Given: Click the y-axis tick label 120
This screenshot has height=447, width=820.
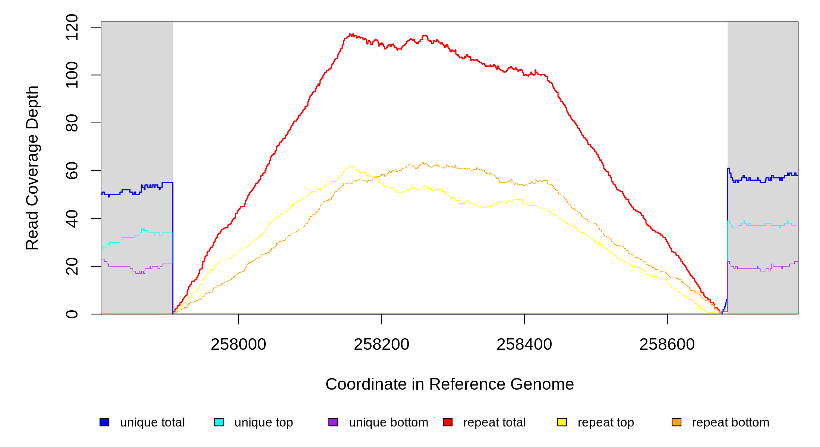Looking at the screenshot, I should click(x=72, y=27).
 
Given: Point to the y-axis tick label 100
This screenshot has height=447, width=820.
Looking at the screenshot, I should click(x=72, y=75).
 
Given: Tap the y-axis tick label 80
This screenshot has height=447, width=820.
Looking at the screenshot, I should click(x=72, y=123).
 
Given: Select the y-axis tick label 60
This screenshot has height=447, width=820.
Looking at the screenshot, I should click(x=72, y=171).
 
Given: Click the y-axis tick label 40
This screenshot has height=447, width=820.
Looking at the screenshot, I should click(x=72, y=219).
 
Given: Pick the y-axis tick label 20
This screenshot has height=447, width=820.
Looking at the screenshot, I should click(x=72, y=266).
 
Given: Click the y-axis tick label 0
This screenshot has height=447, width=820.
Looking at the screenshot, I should click(x=72, y=314).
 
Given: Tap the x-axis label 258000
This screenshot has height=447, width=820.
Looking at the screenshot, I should click(x=239, y=345).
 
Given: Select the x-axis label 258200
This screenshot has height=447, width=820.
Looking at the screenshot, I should click(x=381, y=345).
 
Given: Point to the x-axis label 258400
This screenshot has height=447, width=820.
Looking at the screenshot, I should click(x=524, y=345).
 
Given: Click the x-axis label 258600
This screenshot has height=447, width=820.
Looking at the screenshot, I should click(x=667, y=345).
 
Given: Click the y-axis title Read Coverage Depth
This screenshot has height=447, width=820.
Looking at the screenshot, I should click(x=32, y=168).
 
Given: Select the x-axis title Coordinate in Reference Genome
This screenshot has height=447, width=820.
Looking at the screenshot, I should click(x=450, y=384).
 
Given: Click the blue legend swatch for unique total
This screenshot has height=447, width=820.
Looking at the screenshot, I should click(x=104, y=422).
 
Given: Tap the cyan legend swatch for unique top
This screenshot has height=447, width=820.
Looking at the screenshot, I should click(x=219, y=422).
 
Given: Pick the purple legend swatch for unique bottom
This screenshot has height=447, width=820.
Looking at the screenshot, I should click(x=333, y=422).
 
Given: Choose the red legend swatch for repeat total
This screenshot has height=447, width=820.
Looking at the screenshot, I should click(x=448, y=422).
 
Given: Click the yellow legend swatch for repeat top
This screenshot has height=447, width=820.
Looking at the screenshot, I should click(x=562, y=422).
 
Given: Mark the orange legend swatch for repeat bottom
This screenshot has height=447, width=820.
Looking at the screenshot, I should click(x=676, y=422).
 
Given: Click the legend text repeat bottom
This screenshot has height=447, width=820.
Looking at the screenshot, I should click(x=731, y=422).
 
